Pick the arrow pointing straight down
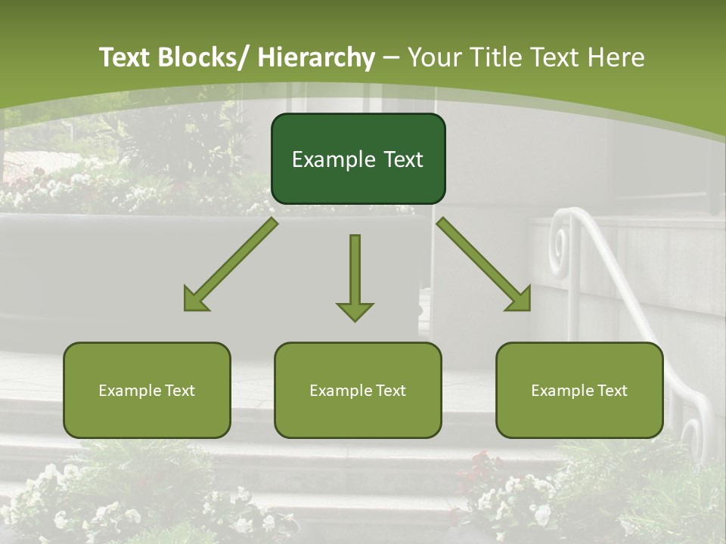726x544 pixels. (x=355, y=272)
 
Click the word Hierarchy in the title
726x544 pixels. (x=316, y=57)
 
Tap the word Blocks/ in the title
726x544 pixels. (x=199, y=57)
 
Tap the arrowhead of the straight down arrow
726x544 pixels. (x=355, y=311)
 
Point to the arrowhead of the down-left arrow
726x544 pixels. (x=195, y=301)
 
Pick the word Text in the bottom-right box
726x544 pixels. (x=612, y=391)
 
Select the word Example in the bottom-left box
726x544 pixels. (x=130, y=391)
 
